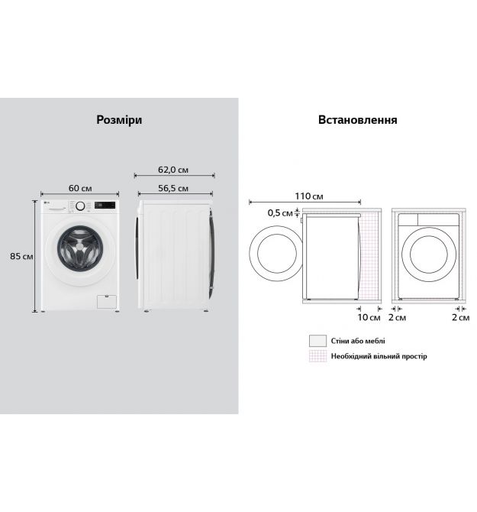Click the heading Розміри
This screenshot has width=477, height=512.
119,120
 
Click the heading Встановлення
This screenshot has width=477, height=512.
358,120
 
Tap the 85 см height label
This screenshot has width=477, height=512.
21,256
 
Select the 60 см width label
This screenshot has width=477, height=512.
80,188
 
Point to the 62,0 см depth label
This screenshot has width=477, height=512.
173,170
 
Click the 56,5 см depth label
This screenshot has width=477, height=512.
173,189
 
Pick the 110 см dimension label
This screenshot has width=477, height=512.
309,196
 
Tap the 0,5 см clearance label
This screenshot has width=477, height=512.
280,213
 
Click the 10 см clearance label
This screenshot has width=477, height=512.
369,317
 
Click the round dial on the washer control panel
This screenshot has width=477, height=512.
80,206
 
